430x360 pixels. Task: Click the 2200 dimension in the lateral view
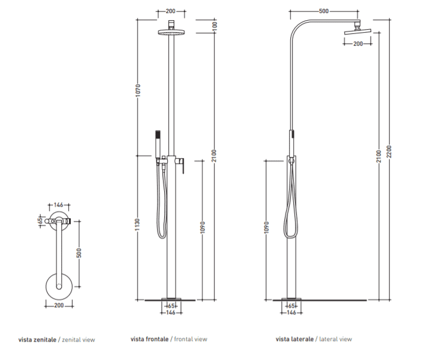[389, 151]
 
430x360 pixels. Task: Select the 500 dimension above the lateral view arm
[324, 11]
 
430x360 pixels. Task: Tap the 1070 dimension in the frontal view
[138, 90]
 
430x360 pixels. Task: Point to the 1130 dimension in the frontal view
[138, 225]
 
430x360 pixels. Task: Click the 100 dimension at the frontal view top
[215, 25]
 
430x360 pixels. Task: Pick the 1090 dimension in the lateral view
[266, 228]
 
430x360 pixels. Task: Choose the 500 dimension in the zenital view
[79, 253]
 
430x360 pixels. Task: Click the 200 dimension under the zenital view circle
[59, 305]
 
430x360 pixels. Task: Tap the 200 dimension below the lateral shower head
[358, 44]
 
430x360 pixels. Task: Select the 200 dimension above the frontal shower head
[171, 11]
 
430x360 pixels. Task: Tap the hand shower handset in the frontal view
[158, 144]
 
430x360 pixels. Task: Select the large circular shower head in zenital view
[59, 286]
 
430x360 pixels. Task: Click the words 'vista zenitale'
[37, 340]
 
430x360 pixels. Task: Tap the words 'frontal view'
[190, 339]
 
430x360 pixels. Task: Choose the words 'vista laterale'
[294, 339]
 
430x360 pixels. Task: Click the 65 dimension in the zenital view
[41, 220]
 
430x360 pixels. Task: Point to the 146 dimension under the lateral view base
[291, 312]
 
